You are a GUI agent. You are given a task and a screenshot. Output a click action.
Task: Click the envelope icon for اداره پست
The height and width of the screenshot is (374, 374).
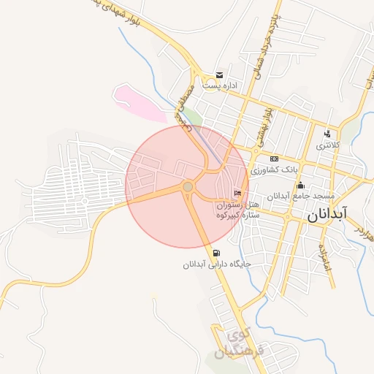[219, 75]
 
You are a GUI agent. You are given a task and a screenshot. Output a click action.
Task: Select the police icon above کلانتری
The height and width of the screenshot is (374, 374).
[327, 134]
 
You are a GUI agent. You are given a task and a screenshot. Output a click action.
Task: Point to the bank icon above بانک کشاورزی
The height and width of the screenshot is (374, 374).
[274, 159]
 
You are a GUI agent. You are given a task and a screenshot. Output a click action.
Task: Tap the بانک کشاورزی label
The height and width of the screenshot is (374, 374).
[275, 169]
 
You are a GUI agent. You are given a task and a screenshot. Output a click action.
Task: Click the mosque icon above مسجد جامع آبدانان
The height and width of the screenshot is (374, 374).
[300, 185]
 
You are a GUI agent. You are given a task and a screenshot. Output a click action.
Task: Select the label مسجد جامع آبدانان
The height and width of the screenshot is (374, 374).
[299, 196]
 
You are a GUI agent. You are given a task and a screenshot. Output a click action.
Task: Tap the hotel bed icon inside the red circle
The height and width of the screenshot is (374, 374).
[237, 193]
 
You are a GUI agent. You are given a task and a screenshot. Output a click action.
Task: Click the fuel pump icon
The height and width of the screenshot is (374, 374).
[216, 253]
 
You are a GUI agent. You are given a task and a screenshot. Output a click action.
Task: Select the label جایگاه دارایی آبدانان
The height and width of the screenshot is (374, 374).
[217, 264]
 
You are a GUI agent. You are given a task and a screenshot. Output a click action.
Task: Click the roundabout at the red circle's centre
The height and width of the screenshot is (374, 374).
[188, 188]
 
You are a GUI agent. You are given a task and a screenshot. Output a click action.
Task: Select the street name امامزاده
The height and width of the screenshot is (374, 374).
[324, 260]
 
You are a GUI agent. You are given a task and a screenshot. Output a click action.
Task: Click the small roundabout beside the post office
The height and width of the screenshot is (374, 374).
[199, 80]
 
